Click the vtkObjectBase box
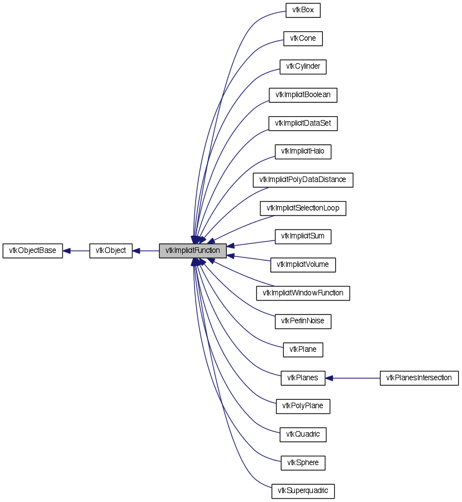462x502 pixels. tap(33, 251)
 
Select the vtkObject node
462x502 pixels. tap(111, 251)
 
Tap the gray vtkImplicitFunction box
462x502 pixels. tap(193, 251)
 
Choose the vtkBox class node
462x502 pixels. tap(303, 10)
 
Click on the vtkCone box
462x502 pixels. tap(303, 39)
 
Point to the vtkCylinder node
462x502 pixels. tap(303, 67)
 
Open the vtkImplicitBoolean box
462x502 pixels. tap(303, 95)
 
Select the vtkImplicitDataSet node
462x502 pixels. tap(303, 123)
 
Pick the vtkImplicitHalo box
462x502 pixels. tap(303, 151)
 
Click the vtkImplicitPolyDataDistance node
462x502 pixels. tap(303, 180)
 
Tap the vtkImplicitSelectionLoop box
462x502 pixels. tap(303, 208)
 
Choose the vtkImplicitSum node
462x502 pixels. tap(303, 236)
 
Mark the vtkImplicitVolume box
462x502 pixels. tap(303, 265)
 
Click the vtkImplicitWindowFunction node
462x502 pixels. tap(303, 293)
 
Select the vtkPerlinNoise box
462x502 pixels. tap(303, 321)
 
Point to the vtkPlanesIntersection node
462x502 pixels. tap(419, 378)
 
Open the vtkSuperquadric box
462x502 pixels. tap(303, 491)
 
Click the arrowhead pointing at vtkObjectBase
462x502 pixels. tap(66, 251)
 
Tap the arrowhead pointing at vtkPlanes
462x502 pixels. tap(329, 378)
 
